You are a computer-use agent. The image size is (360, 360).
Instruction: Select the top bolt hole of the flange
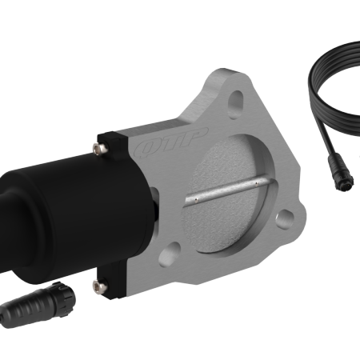coord(235,100)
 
